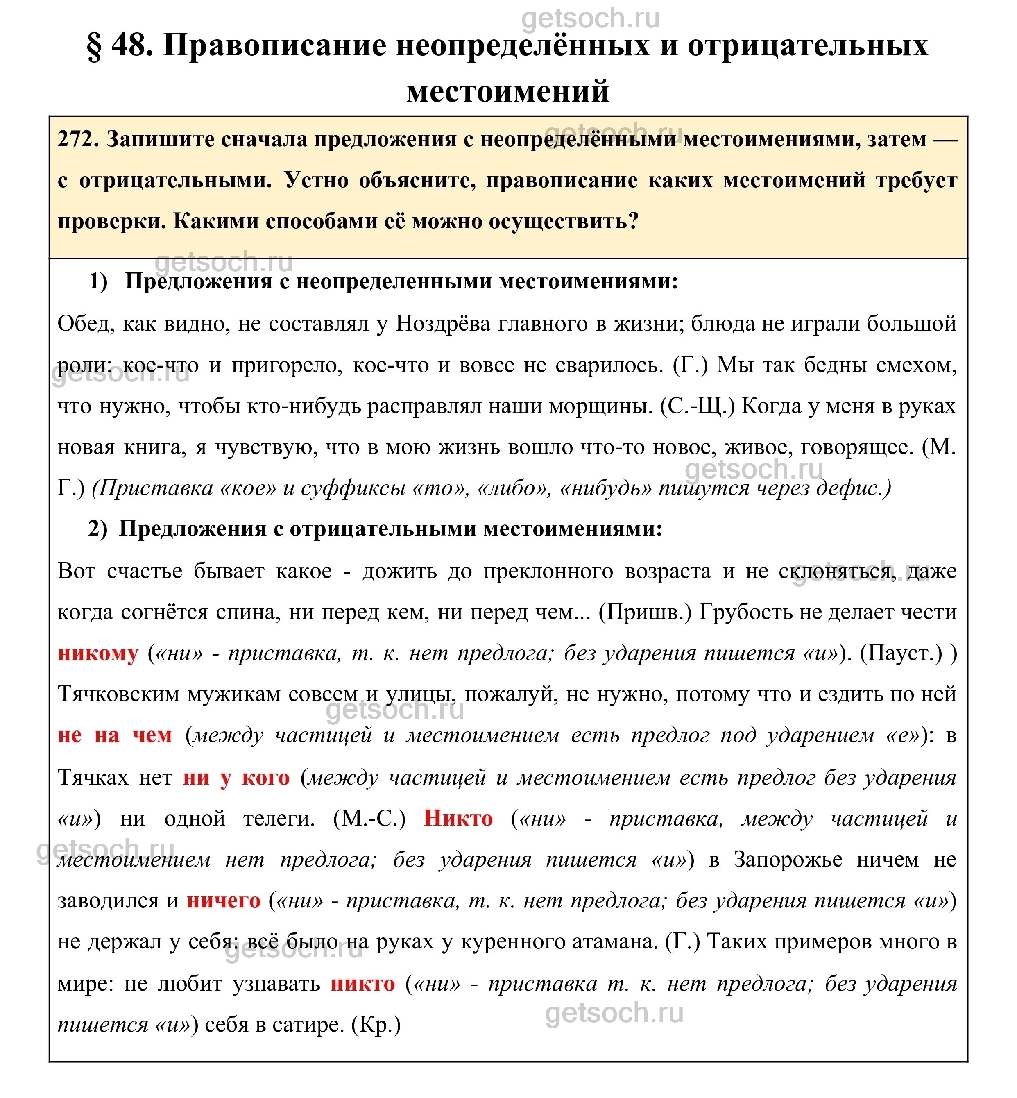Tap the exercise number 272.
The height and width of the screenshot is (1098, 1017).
pyautogui.click(x=77, y=140)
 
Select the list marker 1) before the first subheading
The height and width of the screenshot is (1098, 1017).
pyautogui.click(x=99, y=282)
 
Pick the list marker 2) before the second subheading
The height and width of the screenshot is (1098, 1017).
pyautogui.click(x=98, y=529)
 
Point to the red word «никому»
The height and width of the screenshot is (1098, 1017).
pyautogui.click(x=98, y=654)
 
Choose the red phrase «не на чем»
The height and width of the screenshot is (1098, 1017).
pyautogui.click(x=115, y=736)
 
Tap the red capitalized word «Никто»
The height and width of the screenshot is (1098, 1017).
pyautogui.click(x=458, y=819)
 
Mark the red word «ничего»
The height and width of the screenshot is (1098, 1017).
pyautogui.click(x=224, y=901)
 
